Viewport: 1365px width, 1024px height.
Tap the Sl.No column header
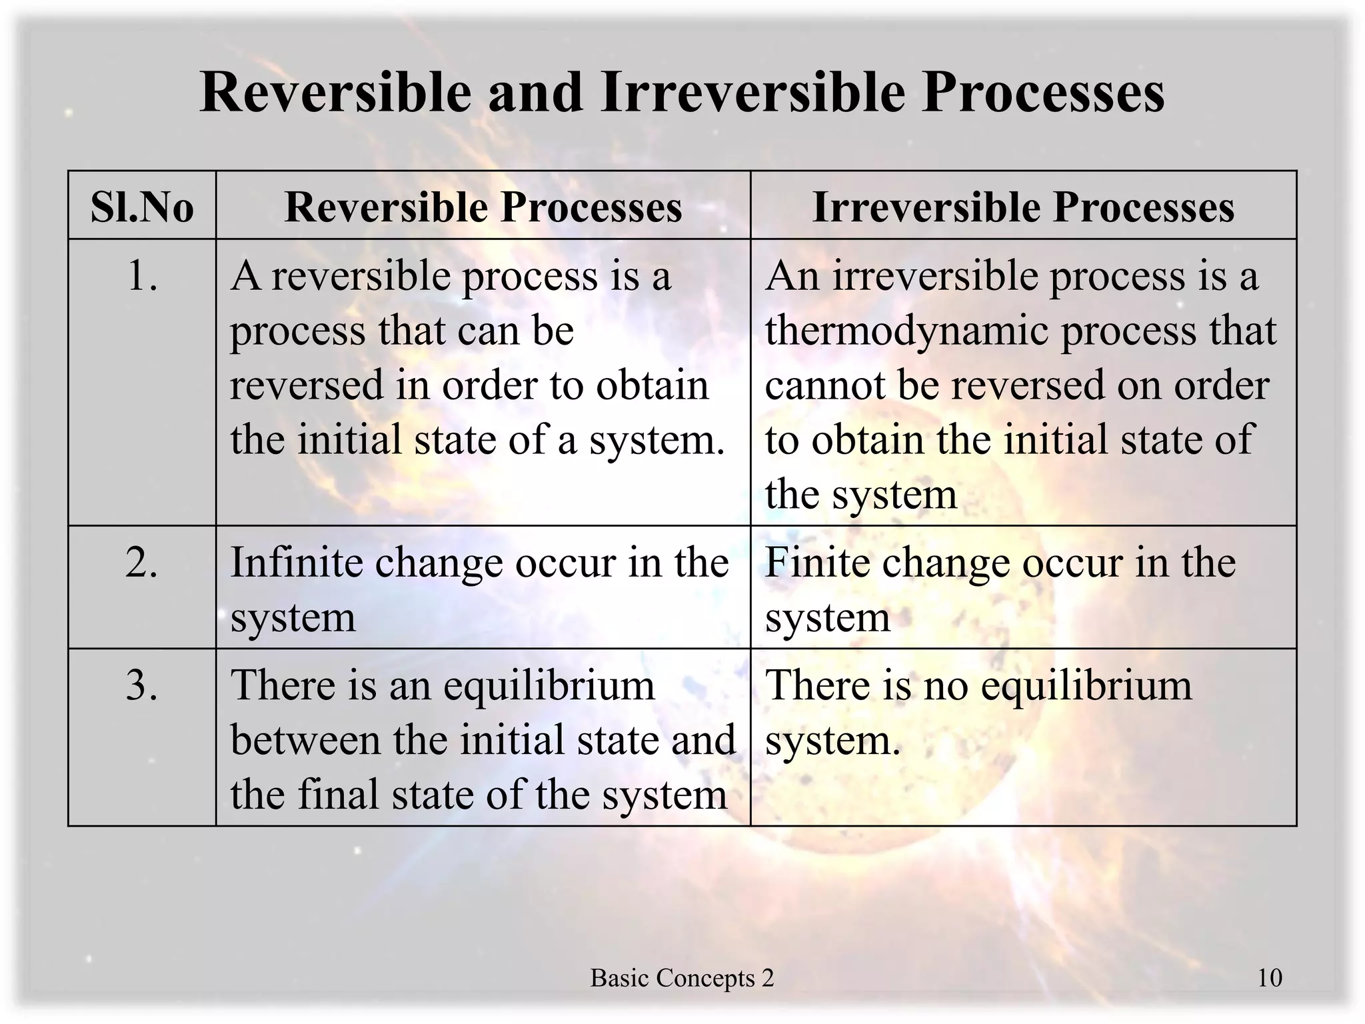pyautogui.click(x=142, y=207)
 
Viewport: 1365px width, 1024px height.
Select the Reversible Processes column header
pyautogui.click(x=483, y=207)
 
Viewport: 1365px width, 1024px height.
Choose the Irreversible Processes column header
pyautogui.click(x=1023, y=207)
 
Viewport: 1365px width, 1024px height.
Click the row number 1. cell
pyautogui.click(x=142, y=276)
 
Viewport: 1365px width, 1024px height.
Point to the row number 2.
pyautogui.click(x=142, y=563)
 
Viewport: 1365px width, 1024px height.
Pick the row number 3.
pyautogui.click(x=142, y=685)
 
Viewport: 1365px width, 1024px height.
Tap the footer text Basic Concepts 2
pyautogui.click(x=682, y=978)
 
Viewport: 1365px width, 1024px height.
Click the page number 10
pyautogui.click(x=1270, y=978)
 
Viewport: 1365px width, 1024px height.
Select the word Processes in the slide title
pyautogui.click(x=1043, y=92)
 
